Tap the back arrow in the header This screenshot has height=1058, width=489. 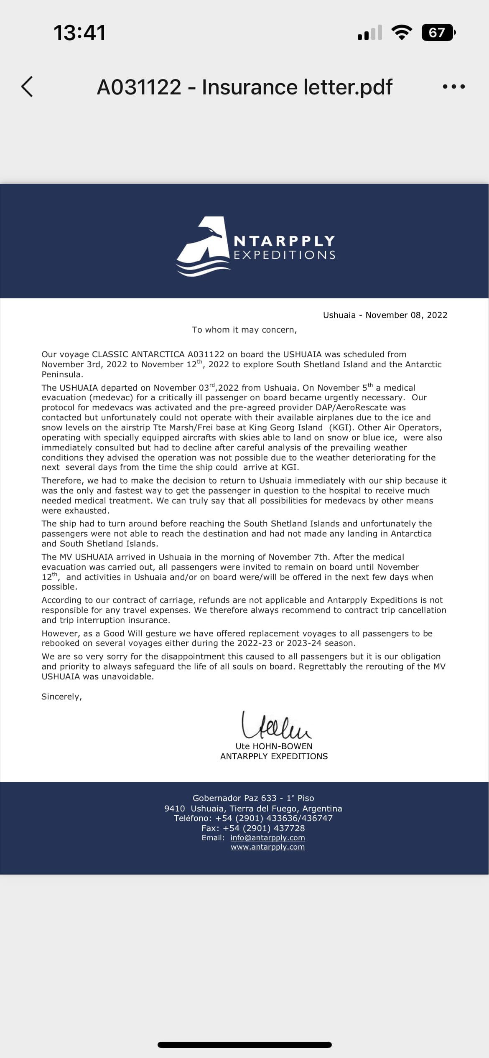click(27, 87)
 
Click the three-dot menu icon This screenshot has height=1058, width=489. click(453, 87)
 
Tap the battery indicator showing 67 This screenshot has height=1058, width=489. click(437, 33)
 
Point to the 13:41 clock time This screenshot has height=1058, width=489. click(79, 33)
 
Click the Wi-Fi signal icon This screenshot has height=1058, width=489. click(401, 33)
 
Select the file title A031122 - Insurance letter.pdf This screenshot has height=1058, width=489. click(244, 87)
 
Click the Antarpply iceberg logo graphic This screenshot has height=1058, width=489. click(204, 247)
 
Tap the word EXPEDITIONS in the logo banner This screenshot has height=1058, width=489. click(285, 255)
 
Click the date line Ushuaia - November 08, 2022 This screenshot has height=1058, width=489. click(385, 315)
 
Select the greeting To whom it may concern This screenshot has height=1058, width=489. click(244, 330)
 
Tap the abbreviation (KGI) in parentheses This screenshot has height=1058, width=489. click(340, 427)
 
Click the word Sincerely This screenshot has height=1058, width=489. click(61, 697)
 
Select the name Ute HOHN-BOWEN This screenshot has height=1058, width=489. click(274, 746)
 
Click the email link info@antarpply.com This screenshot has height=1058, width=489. click(267, 838)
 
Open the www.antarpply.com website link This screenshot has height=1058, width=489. click(267, 847)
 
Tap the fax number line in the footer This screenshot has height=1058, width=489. click(253, 828)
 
